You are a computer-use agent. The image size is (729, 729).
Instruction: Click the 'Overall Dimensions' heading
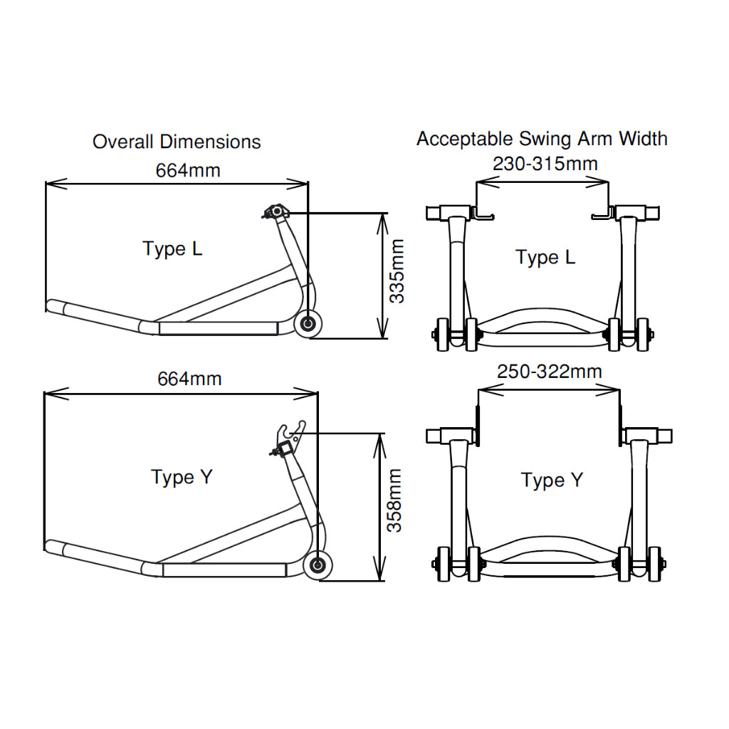(177, 142)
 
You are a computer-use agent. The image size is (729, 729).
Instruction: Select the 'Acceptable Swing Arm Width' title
(542, 138)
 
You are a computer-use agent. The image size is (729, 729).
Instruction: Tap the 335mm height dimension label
(397, 271)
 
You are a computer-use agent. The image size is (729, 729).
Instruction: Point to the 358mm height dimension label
(394, 500)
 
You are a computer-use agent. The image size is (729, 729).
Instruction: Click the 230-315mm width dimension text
(545, 164)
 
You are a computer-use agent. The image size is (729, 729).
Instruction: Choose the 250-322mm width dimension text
(549, 372)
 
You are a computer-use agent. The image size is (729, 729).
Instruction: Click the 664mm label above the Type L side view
(188, 170)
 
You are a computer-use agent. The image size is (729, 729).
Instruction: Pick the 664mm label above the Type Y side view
(189, 379)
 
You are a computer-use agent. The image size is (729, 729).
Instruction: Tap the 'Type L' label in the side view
(172, 249)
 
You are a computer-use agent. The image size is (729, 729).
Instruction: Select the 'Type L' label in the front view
(545, 257)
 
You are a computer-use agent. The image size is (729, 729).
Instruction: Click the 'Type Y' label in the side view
(182, 477)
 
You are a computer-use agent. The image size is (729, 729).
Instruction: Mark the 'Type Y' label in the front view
(552, 481)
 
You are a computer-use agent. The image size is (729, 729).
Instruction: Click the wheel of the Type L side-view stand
(309, 325)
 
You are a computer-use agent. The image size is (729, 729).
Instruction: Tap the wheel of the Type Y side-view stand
(318, 566)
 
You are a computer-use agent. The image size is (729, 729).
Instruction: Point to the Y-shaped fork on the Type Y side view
(291, 431)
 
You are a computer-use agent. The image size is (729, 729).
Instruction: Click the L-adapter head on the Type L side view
(274, 211)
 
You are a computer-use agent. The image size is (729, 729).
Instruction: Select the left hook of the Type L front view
(483, 214)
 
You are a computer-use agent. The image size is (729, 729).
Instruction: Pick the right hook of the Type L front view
(602, 214)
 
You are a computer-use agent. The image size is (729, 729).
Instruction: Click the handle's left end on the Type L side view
(51, 306)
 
